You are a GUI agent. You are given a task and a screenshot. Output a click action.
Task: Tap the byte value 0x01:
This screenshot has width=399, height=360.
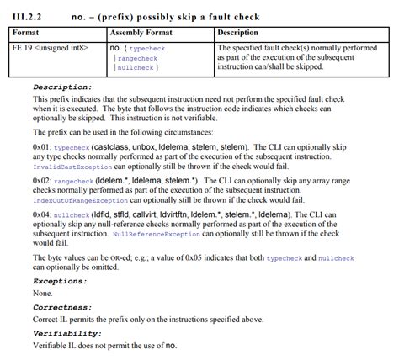[x=43, y=147]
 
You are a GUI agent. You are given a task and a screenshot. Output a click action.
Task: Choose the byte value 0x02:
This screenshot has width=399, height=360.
[x=43, y=180]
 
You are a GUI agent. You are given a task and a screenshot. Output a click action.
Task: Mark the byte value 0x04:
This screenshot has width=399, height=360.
[x=43, y=214]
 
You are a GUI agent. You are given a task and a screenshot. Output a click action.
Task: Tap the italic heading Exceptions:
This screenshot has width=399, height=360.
[x=60, y=280]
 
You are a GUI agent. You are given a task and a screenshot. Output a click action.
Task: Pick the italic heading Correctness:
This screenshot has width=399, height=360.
[x=62, y=308]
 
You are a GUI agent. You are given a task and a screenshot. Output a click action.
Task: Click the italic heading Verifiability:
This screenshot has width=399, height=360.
[x=66, y=334]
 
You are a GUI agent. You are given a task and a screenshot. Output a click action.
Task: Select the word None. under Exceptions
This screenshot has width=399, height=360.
[x=42, y=294]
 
